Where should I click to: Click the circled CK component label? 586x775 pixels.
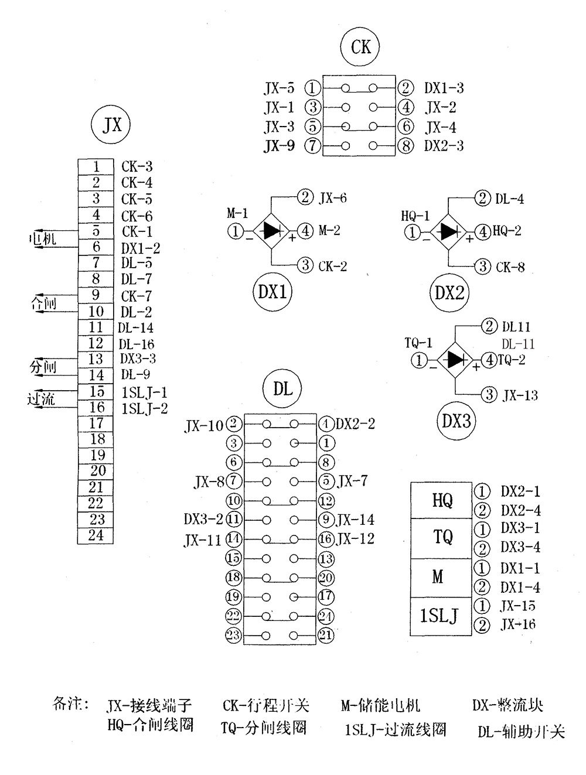point(360,46)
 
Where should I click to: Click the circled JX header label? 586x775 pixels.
point(111,125)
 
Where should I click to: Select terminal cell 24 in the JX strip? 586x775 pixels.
point(96,535)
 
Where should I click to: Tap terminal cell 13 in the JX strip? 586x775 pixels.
point(96,359)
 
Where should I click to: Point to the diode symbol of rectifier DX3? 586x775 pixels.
point(455,359)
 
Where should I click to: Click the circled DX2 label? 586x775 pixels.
point(449,292)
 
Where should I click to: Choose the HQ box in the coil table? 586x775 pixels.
point(441,500)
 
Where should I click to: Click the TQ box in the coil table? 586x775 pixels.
point(441,538)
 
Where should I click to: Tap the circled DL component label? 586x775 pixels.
point(283,388)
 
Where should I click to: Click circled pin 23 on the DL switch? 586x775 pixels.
point(234,635)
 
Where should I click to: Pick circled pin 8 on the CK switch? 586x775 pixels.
point(406,145)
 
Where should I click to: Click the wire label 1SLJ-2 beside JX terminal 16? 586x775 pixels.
point(144,408)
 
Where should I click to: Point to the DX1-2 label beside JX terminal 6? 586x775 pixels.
point(141,248)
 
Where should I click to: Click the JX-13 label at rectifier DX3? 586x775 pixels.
point(520,395)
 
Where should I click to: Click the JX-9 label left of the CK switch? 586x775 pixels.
point(279,145)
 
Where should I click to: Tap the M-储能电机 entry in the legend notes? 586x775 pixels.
point(380,705)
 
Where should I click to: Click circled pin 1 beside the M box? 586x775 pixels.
point(481,568)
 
